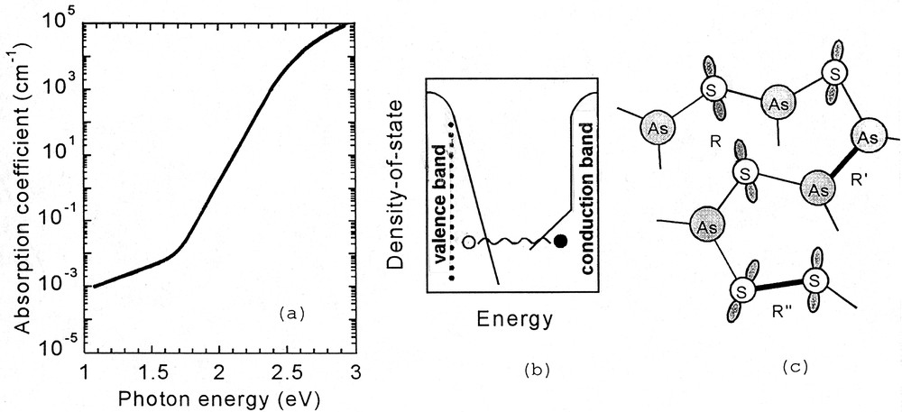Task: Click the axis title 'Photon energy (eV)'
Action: (x=221, y=397)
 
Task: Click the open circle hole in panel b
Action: (x=467, y=242)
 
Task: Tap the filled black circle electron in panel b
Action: (x=561, y=241)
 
